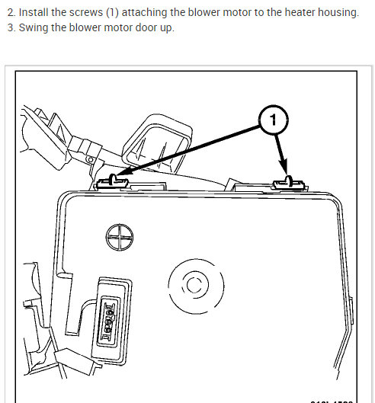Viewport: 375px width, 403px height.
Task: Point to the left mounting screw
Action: (x=111, y=181)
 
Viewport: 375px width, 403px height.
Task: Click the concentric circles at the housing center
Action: (x=193, y=286)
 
